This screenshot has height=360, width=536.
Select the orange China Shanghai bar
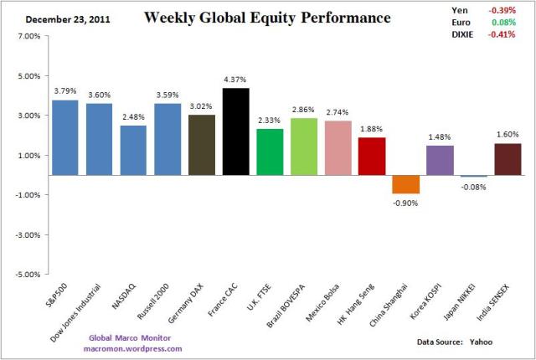(407, 185)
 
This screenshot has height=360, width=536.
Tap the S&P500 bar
(65, 137)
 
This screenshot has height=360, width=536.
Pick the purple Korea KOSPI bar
(441, 160)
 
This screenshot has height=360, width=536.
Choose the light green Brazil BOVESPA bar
(304, 147)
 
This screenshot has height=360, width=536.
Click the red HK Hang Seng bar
(373, 156)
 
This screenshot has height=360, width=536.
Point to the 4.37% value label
(236, 80)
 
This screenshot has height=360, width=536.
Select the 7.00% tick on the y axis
(28, 37)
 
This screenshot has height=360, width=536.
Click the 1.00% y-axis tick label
(28, 155)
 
